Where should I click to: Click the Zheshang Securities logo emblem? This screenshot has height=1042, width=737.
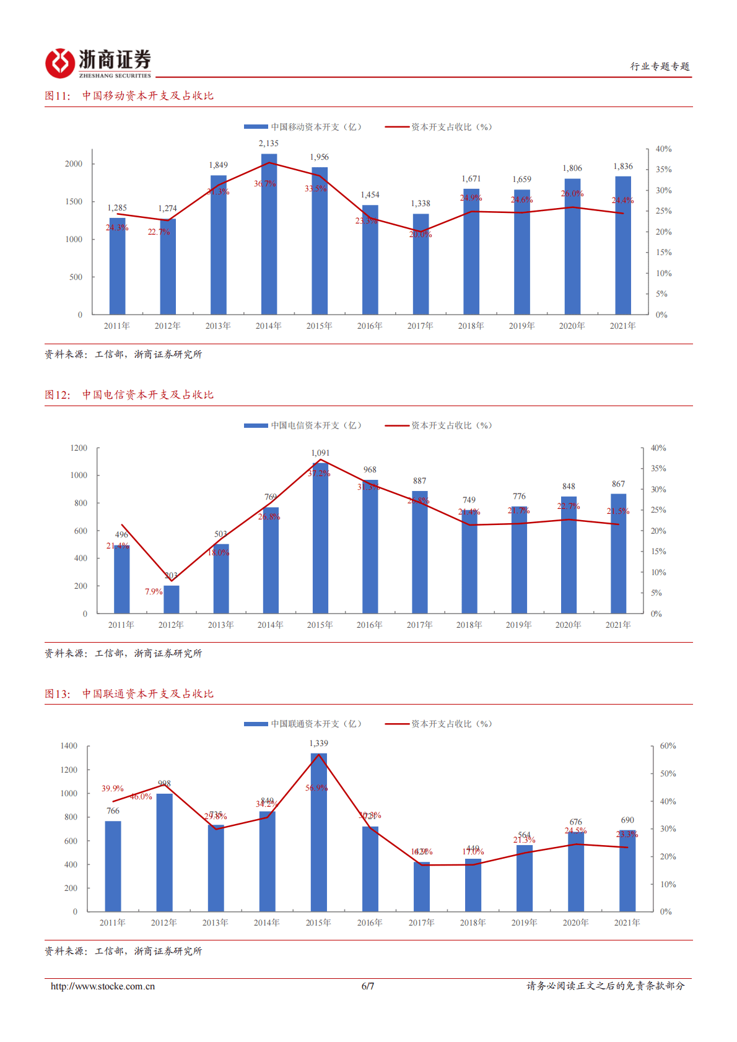click(60, 63)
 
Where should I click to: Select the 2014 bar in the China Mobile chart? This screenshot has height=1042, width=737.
click(269, 235)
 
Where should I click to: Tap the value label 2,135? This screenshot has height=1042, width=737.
click(269, 143)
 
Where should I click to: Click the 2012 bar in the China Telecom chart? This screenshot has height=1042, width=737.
click(172, 599)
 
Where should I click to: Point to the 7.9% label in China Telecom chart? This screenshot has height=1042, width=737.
click(154, 592)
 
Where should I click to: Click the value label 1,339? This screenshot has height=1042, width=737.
click(318, 743)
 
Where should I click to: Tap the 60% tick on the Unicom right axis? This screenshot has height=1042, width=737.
click(668, 746)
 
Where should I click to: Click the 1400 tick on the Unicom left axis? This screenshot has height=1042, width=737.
click(69, 746)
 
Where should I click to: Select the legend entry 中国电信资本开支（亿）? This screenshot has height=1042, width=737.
click(303, 425)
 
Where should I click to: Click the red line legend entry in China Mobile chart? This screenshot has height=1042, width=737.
click(438, 127)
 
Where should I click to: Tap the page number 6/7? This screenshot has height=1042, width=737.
click(368, 986)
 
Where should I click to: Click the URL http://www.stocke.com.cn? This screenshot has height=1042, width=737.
click(103, 986)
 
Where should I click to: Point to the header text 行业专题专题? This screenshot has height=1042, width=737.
click(660, 66)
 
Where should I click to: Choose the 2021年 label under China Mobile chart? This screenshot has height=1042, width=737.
click(622, 326)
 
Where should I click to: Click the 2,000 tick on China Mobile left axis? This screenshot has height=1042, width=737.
click(74, 164)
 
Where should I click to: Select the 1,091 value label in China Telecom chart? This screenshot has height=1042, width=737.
click(320, 453)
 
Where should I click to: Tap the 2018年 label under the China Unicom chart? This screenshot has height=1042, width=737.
click(473, 923)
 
